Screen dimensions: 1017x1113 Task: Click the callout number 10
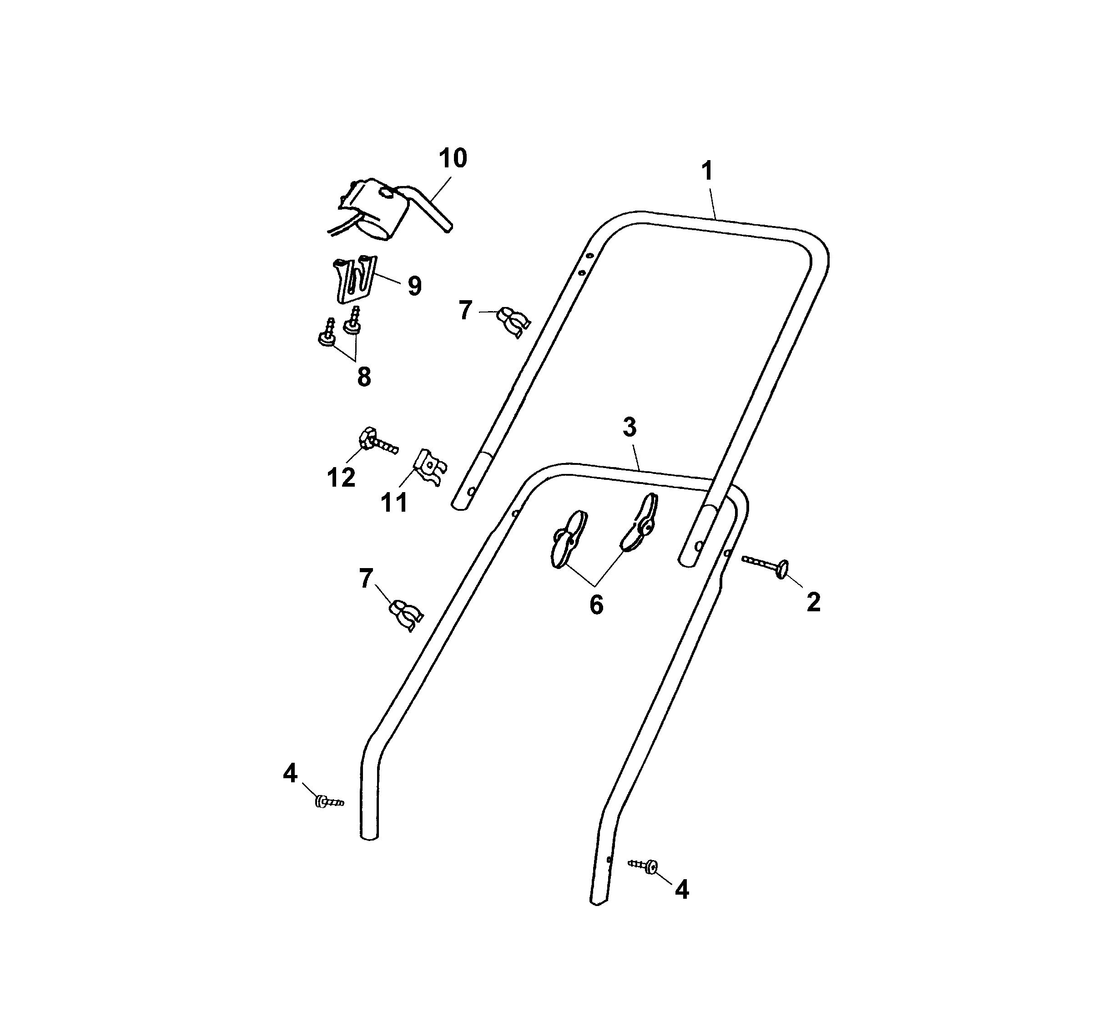point(453,158)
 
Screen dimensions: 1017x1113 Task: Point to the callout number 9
point(415,286)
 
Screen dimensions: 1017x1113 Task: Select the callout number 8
point(364,378)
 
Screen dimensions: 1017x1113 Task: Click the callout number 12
point(341,478)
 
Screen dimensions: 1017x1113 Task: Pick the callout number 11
point(394,503)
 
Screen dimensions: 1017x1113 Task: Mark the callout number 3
point(630,428)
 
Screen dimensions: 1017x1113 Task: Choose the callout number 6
point(596,605)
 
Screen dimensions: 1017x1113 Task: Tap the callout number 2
point(813,602)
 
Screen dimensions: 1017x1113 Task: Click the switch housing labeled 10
point(381,210)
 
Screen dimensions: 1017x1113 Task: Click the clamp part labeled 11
point(431,467)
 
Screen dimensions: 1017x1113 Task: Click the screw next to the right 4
point(643,865)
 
